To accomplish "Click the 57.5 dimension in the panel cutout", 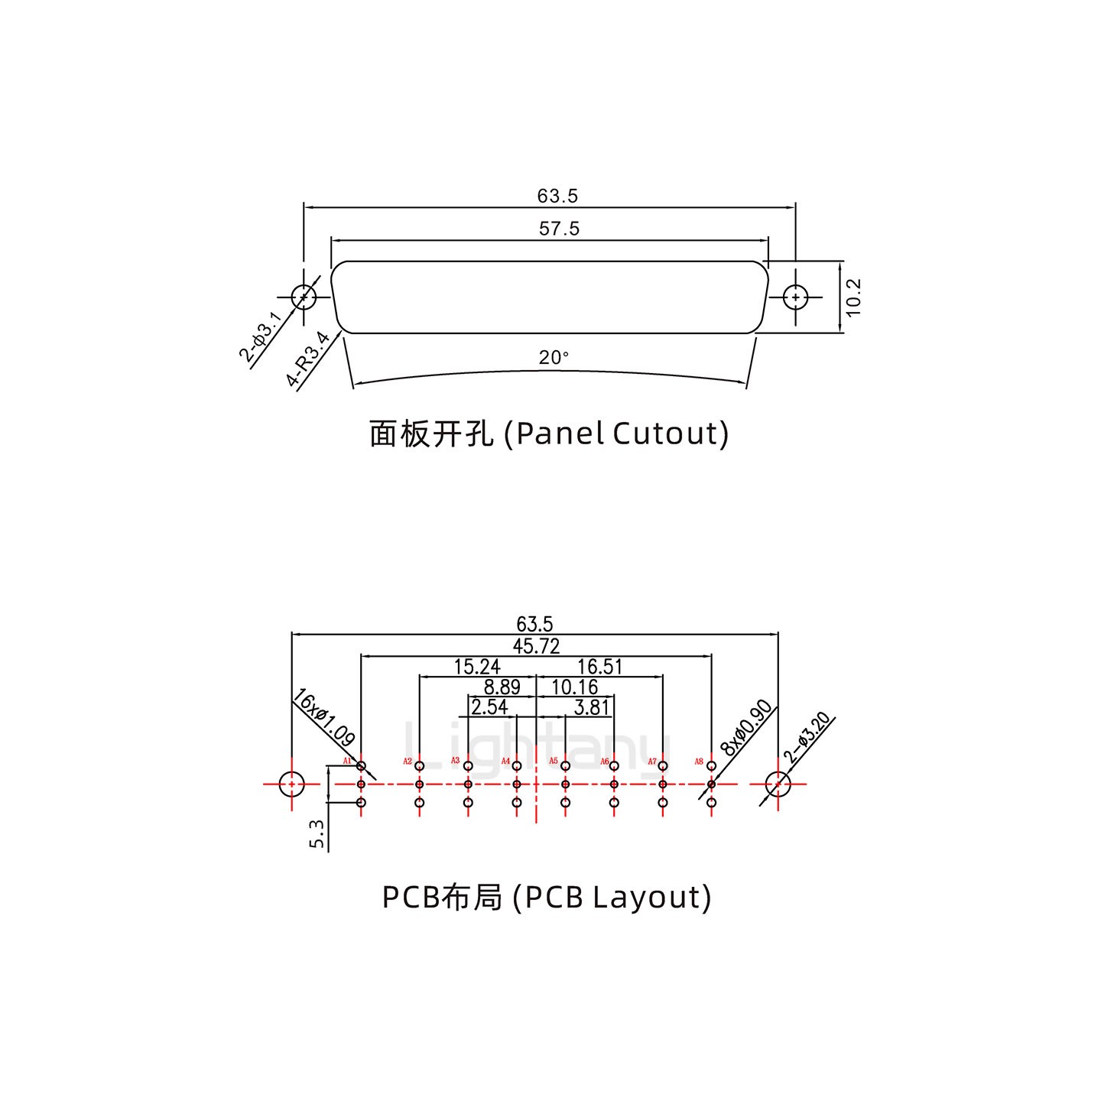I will (x=559, y=229).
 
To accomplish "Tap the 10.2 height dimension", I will (x=854, y=297).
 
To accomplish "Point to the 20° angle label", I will (x=554, y=357).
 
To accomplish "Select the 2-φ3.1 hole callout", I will (x=261, y=336).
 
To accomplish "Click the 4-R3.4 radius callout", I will (x=308, y=359).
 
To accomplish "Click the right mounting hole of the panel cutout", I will (x=796, y=297).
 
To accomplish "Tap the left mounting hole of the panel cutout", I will (x=304, y=297).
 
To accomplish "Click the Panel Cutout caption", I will (x=549, y=434).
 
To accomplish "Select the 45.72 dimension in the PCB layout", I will (x=536, y=646).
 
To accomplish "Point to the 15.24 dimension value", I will (x=477, y=667).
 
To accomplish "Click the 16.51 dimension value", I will (x=599, y=667).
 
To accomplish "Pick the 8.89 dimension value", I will (x=502, y=687).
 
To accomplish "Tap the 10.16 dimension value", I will (x=574, y=687).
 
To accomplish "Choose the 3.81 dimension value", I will (x=591, y=707).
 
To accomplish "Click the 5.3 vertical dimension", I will (x=317, y=833).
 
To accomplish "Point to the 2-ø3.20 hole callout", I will (x=807, y=738).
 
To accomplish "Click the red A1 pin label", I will (x=347, y=762).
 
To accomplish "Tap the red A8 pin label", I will (x=699, y=762).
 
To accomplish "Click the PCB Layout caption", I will (x=546, y=896).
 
